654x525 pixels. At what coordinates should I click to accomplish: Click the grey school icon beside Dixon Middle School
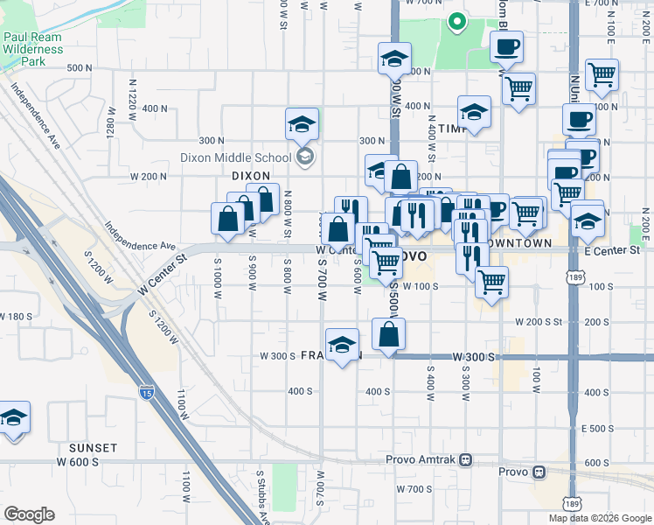304,157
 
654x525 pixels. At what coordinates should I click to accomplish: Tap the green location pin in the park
456,23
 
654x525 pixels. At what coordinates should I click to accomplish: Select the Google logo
29,514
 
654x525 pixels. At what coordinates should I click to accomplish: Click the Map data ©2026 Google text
599,518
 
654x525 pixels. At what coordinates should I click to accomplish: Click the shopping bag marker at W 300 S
388,333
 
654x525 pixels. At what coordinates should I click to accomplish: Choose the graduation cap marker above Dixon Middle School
302,124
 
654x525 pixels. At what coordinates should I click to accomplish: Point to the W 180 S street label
18,316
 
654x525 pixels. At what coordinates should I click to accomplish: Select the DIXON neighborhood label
250,176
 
